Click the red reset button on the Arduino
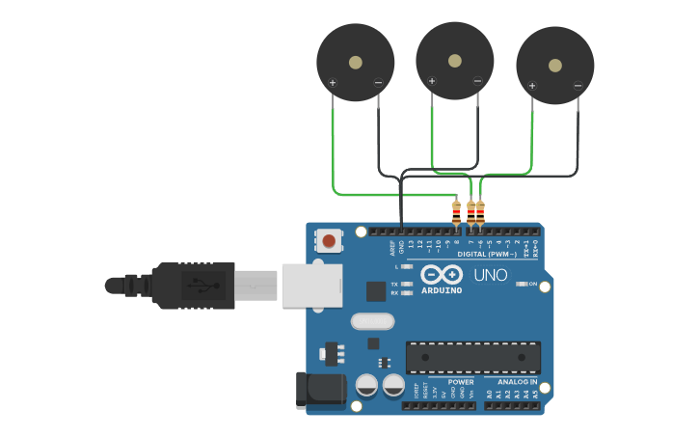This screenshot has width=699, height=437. pos(329,240)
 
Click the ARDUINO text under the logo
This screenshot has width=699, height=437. pos(442,289)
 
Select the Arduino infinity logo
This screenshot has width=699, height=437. pos(441,274)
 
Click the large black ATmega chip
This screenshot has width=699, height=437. pos(472,357)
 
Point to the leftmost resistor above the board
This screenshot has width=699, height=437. pos(456,211)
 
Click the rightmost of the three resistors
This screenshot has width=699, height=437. pos(480,211)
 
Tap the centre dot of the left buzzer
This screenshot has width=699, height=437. pos(356,63)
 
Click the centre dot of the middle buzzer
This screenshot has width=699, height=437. pos(454,60)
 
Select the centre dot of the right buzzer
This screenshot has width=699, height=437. pos(554,66)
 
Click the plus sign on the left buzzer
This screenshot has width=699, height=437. pos(333,83)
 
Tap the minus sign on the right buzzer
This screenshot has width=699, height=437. pos(578,86)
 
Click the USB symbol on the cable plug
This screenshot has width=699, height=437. pos(198,286)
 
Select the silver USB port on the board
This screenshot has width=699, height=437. pos(311,286)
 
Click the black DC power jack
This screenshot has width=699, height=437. pos(322,390)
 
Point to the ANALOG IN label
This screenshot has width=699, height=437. pos(518,382)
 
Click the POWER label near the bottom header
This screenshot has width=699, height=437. pos(461,382)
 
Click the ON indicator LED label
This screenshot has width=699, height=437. pos(532,284)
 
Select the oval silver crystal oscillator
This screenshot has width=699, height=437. pos(373,321)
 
